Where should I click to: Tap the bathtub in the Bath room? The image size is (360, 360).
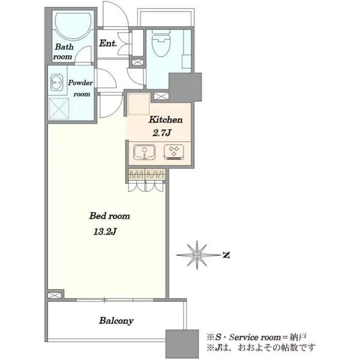point(73,26)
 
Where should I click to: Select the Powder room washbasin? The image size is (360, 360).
point(56,82)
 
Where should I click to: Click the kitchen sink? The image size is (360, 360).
point(144,152)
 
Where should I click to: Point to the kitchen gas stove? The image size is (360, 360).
point(174,152)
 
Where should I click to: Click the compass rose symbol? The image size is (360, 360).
point(197,255)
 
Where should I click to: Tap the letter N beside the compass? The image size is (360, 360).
point(227,255)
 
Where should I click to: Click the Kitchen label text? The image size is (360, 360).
point(166,119)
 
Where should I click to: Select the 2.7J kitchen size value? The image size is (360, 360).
point(161,133)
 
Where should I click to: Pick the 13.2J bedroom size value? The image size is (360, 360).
point(105,232)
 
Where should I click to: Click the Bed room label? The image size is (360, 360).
point(110,216)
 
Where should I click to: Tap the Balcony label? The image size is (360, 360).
point(116,321)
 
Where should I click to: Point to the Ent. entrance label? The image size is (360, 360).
point(108,43)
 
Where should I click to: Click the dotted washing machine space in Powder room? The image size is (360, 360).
point(59,109)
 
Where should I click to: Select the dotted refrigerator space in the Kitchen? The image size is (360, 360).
point(139,104)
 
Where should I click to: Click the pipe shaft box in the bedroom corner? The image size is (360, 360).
point(55,295)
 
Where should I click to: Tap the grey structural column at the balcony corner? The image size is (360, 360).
point(182,344)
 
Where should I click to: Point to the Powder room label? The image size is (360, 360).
point(80,88)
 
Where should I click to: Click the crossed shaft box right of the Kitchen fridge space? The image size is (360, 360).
point(161,96)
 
